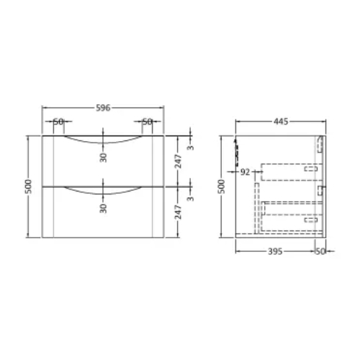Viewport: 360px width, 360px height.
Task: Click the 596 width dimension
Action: point(103,108)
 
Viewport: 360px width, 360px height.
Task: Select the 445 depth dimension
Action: point(281,122)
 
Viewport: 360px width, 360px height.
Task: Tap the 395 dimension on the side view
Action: point(275,251)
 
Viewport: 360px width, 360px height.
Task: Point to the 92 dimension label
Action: point(245,172)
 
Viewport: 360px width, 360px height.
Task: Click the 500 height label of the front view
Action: point(28,186)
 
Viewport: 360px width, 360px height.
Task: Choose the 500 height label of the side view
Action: point(222,186)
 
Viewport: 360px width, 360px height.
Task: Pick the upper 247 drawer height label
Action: point(179,161)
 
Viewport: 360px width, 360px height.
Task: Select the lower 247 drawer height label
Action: point(179,212)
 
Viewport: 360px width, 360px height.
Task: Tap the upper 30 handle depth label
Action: point(103,158)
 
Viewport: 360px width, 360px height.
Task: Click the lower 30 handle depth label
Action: point(103,208)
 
